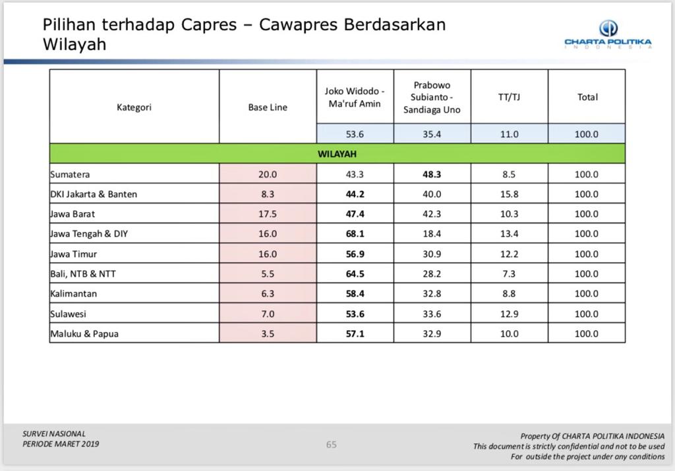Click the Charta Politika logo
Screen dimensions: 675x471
tap(608, 34)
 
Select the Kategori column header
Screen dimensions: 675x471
tap(134, 107)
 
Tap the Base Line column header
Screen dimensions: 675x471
tap(268, 107)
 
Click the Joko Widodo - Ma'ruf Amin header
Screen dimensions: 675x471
tap(355, 97)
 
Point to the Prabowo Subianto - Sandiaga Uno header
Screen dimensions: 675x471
tap(432, 97)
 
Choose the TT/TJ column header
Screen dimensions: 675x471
tap(509, 97)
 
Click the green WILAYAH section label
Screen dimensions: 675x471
tap(337, 154)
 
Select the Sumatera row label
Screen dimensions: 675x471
tap(70, 174)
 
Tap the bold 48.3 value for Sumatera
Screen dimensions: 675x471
tap(432, 174)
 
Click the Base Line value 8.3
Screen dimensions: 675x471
tap(268, 194)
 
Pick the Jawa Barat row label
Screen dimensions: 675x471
tap(73, 214)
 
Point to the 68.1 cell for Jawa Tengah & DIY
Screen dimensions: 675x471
tap(355, 234)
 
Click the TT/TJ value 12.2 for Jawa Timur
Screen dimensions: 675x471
tap(509, 254)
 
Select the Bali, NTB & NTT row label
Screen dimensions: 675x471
tap(83, 273)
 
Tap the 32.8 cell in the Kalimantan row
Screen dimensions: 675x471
tap(432, 293)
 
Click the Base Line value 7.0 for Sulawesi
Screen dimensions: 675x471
tap(268, 314)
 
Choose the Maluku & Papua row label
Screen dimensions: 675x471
tap(84, 334)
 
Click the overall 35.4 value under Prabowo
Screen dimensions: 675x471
tap(432, 134)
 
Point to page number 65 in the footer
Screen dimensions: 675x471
tap(331, 445)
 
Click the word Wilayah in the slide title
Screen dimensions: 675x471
tap(74, 44)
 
